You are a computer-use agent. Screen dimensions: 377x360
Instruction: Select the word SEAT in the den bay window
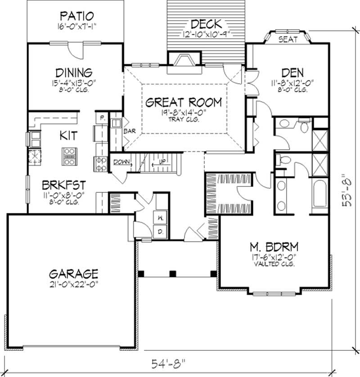click(x=288, y=39)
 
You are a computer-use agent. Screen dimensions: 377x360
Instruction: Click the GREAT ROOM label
click(x=184, y=102)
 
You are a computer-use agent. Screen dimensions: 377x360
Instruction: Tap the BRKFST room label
click(x=61, y=186)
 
